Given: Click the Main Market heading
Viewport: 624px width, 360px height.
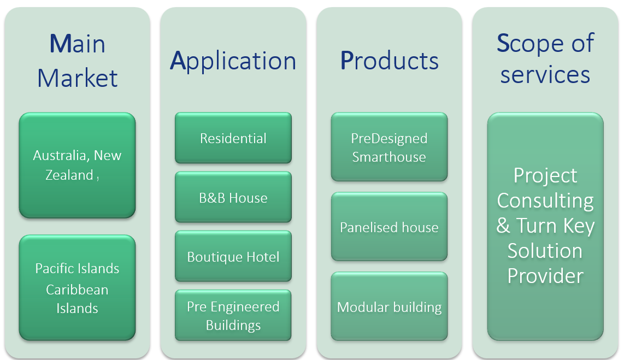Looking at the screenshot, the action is pyautogui.click(x=77, y=61).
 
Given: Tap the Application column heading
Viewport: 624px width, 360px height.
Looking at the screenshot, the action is pyautogui.click(x=233, y=61).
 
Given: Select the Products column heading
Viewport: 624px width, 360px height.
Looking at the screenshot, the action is pyautogui.click(x=389, y=61).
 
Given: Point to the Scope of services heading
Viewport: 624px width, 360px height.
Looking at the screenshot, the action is pyautogui.click(x=545, y=58).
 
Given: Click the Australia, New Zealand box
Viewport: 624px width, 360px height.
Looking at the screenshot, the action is pyautogui.click(x=77, y=165).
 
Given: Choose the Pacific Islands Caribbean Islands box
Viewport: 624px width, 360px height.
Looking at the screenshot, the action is pyautogui.click(x=77, y=287).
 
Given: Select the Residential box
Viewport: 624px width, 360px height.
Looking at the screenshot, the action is pyautogui.click(x=233, y=138).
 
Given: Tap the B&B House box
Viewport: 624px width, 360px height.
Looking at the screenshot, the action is pyautogui.click(x=233, y=197).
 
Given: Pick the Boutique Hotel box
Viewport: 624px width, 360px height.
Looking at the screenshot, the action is pyautogui.click(x=233, y=257).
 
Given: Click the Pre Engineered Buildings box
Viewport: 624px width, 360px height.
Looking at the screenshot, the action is pyautogui.click(x=233, y=315).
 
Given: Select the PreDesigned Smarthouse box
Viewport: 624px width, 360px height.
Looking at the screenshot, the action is pyautogui.click(x=389, y=147).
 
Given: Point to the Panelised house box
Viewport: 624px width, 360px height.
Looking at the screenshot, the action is pyautogui.click(x=389, y=227).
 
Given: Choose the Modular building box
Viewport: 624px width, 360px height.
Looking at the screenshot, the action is pyautogui.click(x=389, y=306).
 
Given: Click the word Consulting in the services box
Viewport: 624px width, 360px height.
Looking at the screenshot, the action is pyautogui.click(x=545, y=201).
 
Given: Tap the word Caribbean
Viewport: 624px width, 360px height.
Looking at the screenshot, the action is pyautogui.click(x=77, y=290).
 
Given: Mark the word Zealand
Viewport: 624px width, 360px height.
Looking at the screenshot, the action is pyautogui.click(x=69, y=175).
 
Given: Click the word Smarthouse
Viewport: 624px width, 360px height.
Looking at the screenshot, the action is pyautogui.click(x=389, y=157).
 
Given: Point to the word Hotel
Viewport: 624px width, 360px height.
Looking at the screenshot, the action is pyautogui.click(x=263, y=257).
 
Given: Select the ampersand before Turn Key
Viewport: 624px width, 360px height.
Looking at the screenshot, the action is pyautogui.click(x=503, y=226).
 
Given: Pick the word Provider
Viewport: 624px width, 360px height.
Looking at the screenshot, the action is pyautogui.click(x=545, y=276).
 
